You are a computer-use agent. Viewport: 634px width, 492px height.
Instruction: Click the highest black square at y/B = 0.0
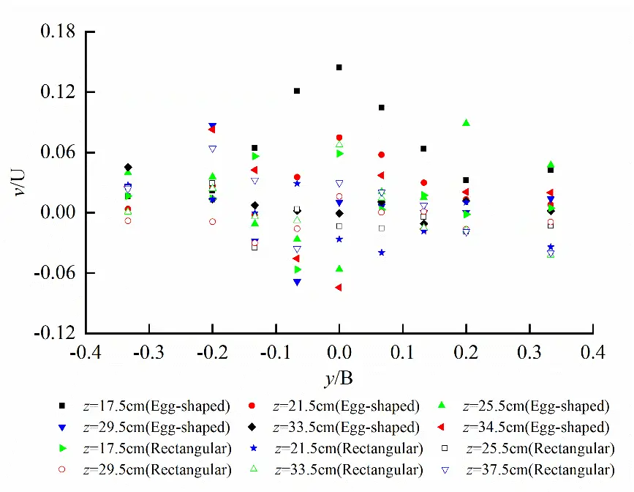(x=339, y=67)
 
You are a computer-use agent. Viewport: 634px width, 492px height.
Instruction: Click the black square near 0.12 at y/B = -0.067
(x=297, y=91)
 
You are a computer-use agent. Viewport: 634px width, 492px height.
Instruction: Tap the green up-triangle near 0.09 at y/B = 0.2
(x=466, y=123)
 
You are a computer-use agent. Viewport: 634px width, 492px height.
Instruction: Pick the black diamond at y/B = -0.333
(x=128, y=168)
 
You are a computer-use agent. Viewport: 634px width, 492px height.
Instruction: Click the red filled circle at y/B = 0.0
(x=339, y=138)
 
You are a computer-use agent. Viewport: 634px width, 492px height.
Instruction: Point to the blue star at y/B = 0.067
(x=382, y=253)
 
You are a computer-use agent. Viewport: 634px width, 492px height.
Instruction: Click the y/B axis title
(x=339, y=379)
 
